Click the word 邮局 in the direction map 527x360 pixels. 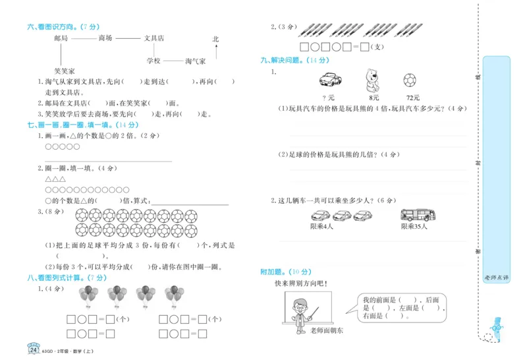(x=61, y=39)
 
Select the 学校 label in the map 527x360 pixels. (x=153, y=61)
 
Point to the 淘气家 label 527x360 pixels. (x=196, y=61)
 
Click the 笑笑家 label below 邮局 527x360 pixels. (x=65, y=71)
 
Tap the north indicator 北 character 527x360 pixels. (x=215, y=40)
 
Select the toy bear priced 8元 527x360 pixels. (x=374, y=80)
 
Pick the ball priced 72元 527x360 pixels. (x=411, y=80)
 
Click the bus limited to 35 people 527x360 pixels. (x=418, y=215)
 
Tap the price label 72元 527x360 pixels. (x=412, y=97)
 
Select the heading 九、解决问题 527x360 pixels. (x=289, y=60)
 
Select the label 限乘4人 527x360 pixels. (x=322, y=227)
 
